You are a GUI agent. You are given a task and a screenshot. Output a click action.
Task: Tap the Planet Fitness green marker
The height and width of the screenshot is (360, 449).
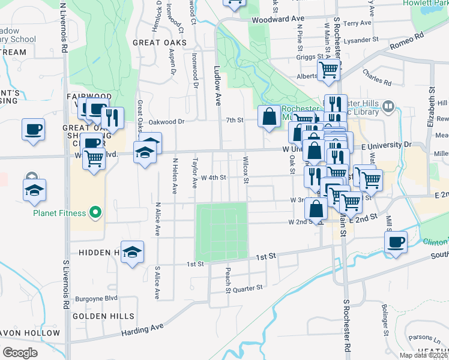pyautogui.click(x=94, y=212)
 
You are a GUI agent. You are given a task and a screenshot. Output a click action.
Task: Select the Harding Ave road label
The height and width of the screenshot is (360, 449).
pyautogui.click(x=142, y=329)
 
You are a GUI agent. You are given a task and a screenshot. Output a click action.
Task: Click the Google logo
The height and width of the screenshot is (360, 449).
pyautogui.click(x=20, y=352)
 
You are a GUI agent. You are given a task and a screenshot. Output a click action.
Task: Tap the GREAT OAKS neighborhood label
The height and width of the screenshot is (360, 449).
pyautogui.click(x=159, y=43)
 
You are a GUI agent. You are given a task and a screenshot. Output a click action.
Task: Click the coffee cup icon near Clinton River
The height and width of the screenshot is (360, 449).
pyautogui.click(x=396, y=242)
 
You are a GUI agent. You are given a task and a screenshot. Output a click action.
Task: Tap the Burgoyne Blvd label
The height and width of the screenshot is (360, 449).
pyautogui.click(x=95, y=298)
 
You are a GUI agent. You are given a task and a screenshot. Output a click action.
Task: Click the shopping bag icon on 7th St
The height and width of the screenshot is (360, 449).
pyautogui.click(x=268, y=116)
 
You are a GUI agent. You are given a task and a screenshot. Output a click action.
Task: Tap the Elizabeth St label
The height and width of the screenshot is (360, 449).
pyautogui.click(x=430, y=109)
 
